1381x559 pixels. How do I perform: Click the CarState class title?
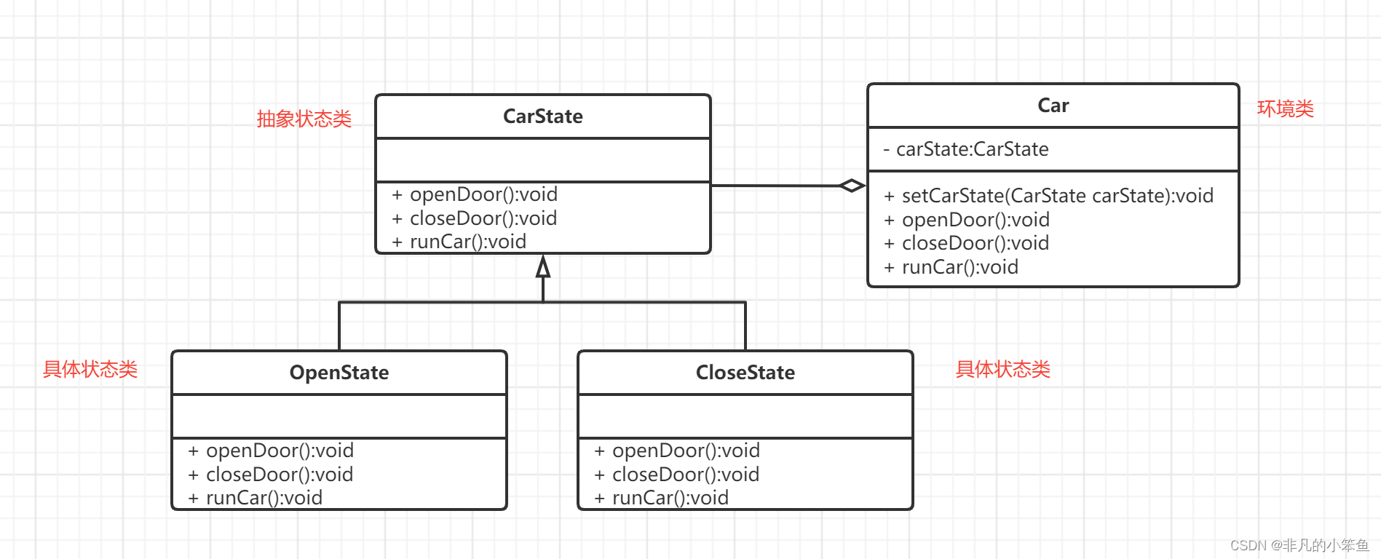click(543, 116)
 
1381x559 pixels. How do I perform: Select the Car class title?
click(1053, 106)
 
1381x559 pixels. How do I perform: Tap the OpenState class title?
click(339, 373)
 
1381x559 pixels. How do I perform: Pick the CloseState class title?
click(745, 373)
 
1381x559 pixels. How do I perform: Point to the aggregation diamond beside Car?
click(852, 186)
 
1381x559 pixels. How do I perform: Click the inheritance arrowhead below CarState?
click(543, 267)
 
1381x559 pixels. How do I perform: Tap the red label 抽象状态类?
click(304, 119)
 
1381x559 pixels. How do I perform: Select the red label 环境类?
click(1286, 109)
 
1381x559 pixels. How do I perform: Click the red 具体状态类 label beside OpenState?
click(90, 370)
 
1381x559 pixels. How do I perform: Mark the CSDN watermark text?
click(1299, 545)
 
